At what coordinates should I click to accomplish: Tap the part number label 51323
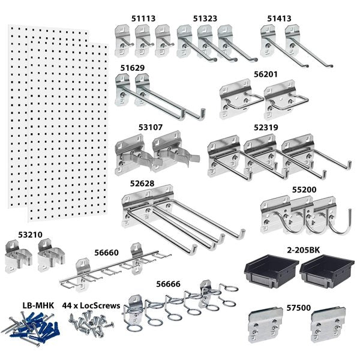point(206,19)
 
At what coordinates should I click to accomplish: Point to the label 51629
point(133,68)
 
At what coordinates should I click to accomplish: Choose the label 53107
point(134,127)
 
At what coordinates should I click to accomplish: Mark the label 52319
point(266,128)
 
